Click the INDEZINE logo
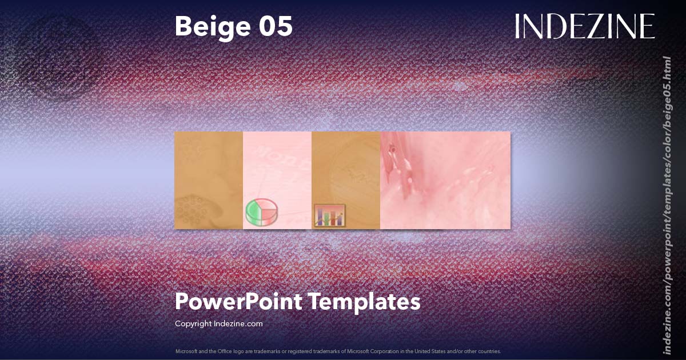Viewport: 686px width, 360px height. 584,26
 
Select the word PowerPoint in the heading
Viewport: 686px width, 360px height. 237,301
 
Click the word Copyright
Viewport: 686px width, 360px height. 193,323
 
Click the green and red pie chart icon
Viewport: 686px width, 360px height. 261,212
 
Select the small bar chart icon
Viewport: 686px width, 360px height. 329,217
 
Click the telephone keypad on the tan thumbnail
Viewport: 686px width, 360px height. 193,211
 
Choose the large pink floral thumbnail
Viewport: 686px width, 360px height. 445,180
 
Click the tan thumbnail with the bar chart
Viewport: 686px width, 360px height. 346,171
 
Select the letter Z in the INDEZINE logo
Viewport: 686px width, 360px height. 593,26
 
